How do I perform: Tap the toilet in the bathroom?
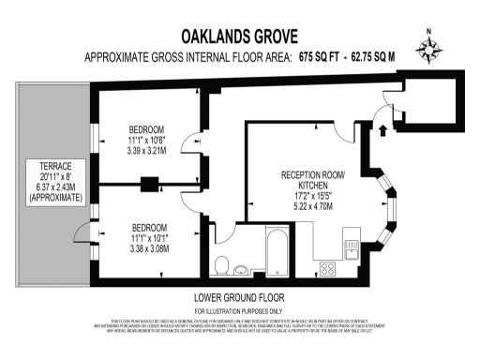tap(224, 262)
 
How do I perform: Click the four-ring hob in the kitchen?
tap(330, 267)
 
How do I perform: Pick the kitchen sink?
tap(352, 247)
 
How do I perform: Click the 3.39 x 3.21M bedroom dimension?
tap(147, 150)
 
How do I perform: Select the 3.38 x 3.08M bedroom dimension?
tap(149, 250)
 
